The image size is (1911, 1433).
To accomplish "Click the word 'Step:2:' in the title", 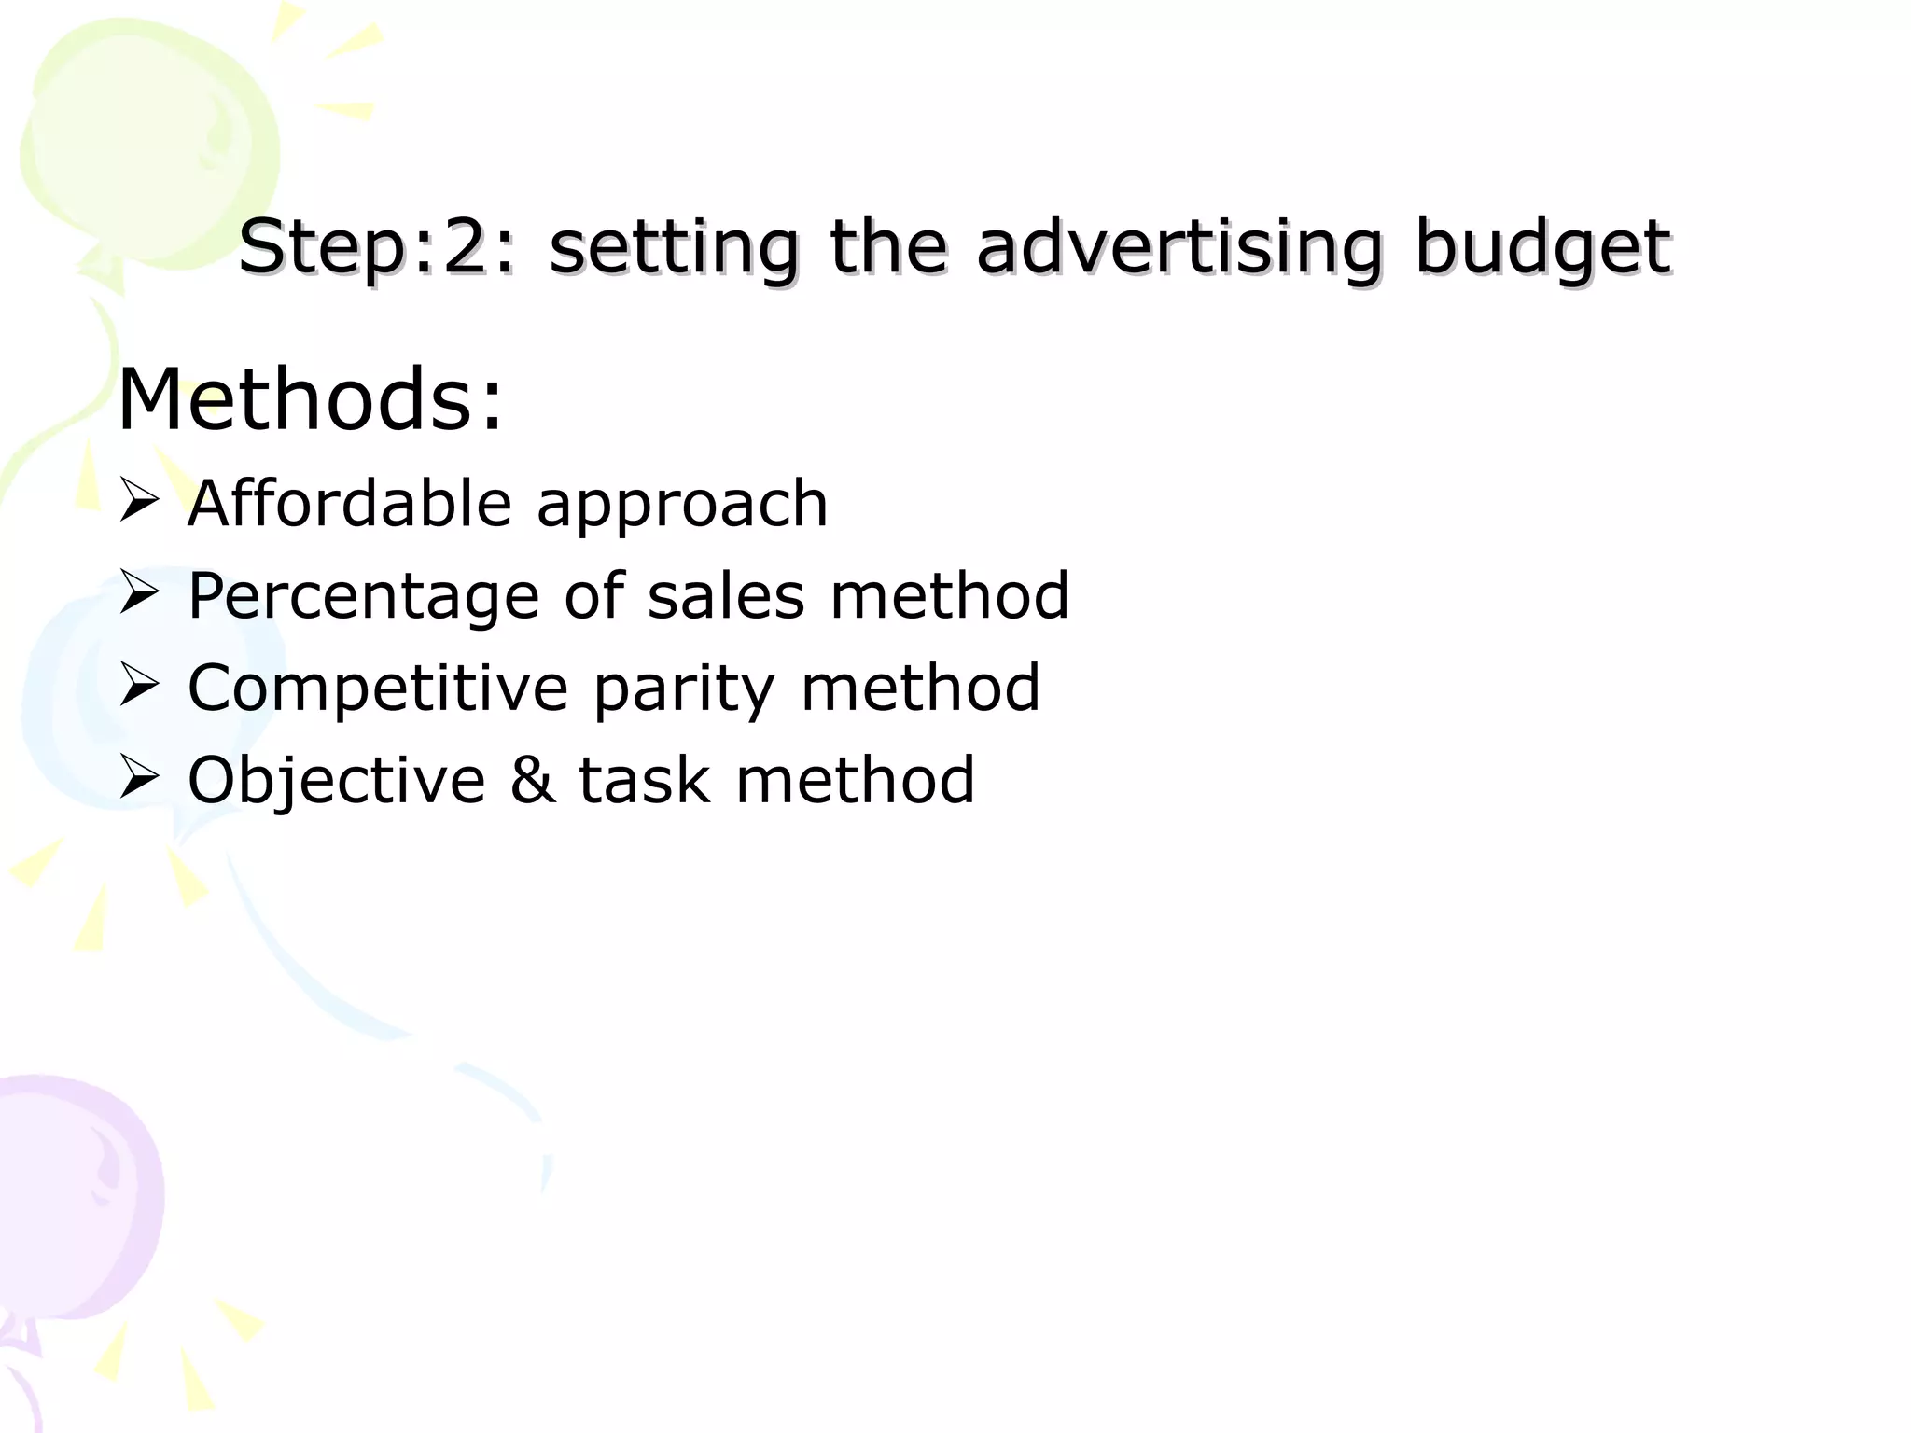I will click(x=375, y=248).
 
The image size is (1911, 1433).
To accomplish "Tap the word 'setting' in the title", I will click(x=674, y=248).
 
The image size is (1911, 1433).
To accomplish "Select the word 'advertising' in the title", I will click(x=1179, y=248).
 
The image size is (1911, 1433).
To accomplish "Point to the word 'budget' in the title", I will click(x=1541, y=248).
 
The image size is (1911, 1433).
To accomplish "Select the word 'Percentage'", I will click(x=364, y=597).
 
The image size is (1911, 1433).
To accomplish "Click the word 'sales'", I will click(x=726, y=596).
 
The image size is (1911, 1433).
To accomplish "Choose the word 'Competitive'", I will click(x=378, y=689).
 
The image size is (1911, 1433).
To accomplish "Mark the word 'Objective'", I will click(x=337, y=780).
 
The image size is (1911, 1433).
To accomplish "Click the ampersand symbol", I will click(x=532, y=780).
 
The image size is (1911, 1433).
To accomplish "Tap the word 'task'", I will click(x=644, y=780).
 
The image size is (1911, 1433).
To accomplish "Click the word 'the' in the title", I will click(x=887, y=248).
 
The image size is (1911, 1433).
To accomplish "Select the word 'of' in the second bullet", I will click(x=594, y=595).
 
